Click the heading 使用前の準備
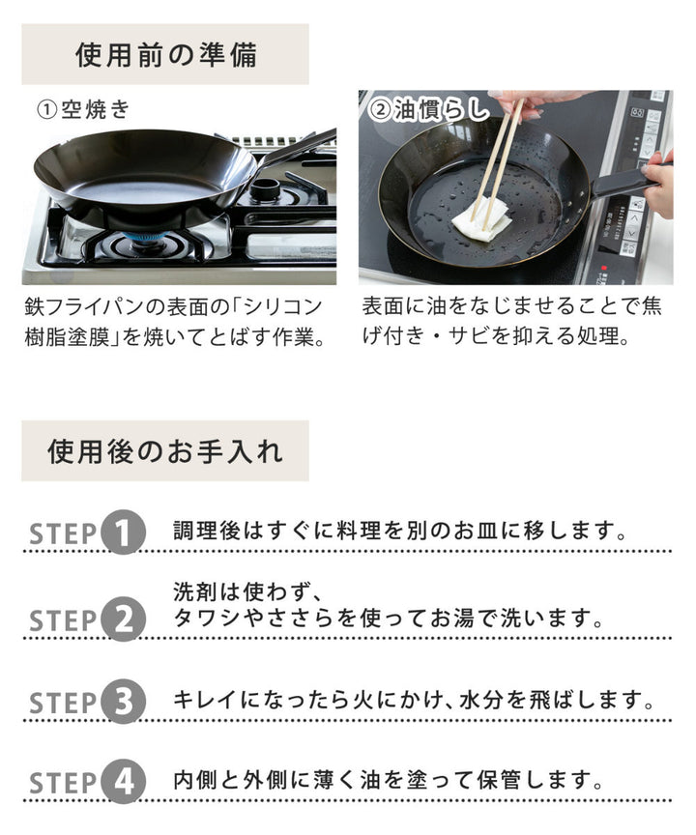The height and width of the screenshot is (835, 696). click(165, 54)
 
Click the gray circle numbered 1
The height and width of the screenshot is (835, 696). click(124, 533)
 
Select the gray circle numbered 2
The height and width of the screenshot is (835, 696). click(124, 619)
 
